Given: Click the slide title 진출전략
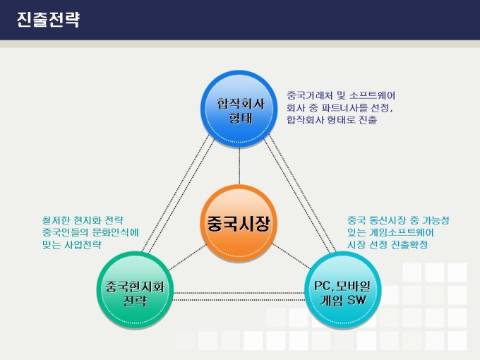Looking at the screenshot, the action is [49, 20].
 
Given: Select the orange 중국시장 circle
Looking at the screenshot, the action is [239, 223].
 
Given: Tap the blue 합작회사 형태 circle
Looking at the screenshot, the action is [239, 109].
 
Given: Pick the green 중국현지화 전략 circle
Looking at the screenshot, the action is [135, 290].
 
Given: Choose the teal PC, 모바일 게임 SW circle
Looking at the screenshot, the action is [343, 290].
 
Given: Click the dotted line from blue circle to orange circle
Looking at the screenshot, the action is [239, 166].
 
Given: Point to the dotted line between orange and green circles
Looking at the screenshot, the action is [188, 257].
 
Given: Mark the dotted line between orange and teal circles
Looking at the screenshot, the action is [291, 256].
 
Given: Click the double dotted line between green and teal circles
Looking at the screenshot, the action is [239, 296].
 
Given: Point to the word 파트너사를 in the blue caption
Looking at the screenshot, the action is [341, 108].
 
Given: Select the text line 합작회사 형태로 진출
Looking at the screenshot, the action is [332, 120].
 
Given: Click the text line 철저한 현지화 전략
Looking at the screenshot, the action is [83, 220].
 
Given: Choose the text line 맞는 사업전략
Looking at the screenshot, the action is [72, 245].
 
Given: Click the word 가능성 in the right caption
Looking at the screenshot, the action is [436, 220].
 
